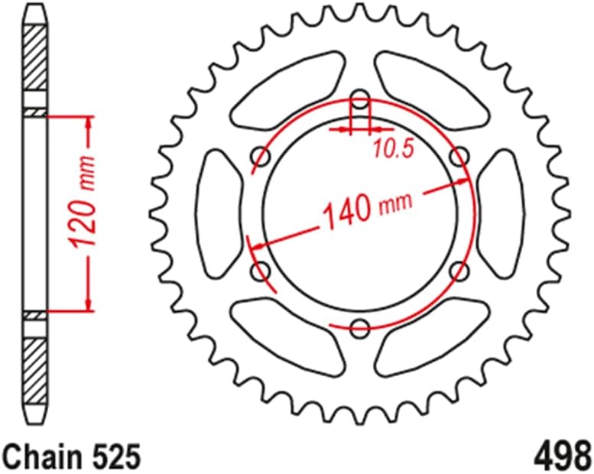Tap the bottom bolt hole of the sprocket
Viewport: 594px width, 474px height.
click(359, 329)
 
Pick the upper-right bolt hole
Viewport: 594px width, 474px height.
click(459, 157)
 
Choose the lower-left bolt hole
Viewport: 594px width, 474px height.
click(261, 271)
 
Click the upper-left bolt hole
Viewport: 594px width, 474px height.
click(261, 157)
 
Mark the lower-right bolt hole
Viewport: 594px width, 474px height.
click(459, 271)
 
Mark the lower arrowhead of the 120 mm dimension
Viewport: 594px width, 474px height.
click(90, 305)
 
